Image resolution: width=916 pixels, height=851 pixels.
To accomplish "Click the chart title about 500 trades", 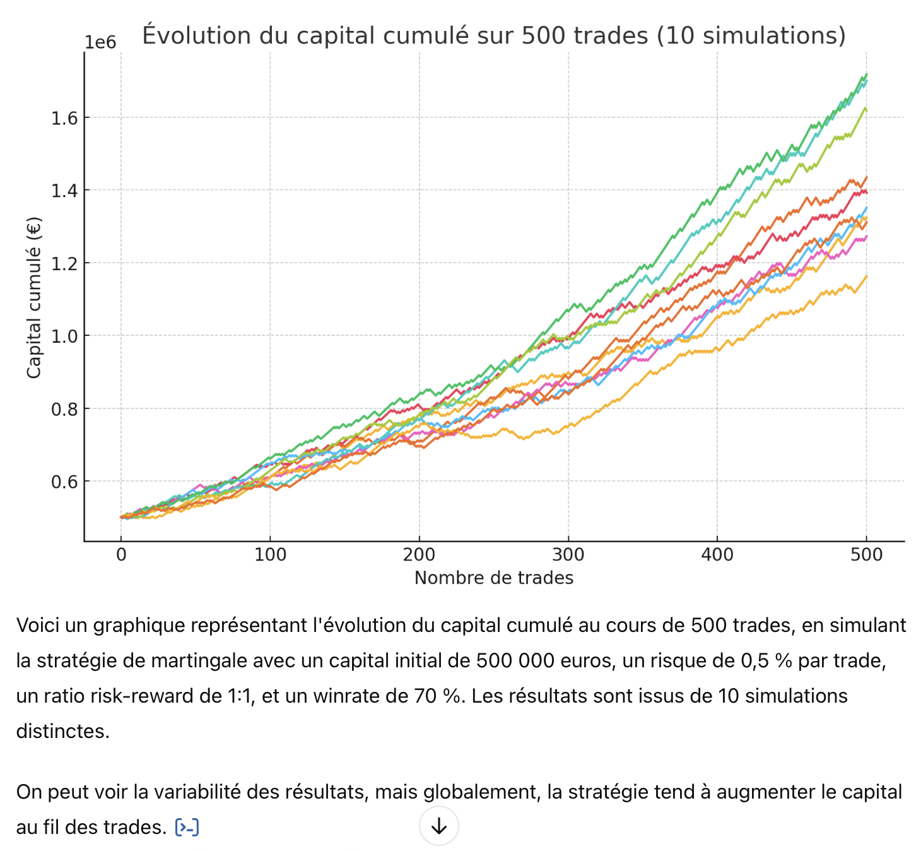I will (x=493, y=35).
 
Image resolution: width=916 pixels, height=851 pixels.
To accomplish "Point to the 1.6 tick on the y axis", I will (x=65, y=118).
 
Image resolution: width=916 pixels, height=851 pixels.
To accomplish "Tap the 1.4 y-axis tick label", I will (x=65, y=191).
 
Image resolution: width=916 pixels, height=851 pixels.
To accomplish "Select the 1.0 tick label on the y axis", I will (x=65, y=336).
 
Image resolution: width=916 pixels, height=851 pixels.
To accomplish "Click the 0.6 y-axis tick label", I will (x=65, y=482).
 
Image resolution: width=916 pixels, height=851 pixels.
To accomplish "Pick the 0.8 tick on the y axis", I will (x=65, y=409).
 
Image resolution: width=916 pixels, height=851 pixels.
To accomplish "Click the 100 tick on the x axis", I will (x=270, y=555).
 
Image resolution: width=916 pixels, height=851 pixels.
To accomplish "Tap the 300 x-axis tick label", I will (x=568, y=555).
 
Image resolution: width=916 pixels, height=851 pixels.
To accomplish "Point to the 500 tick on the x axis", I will (x=866, y=555).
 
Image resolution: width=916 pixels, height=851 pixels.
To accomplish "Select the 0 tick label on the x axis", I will (x=121, y=555).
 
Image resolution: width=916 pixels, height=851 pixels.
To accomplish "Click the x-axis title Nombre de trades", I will (x=493, y=578).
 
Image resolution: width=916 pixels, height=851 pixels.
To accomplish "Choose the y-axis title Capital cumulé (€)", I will (x=33, y=297).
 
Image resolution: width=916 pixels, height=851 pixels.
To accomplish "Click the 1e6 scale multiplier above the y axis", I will (x=100, y=42).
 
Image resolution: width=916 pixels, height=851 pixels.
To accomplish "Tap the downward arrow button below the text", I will (x=438, y=826).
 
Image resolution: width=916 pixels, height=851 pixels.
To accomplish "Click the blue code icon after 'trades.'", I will (x=187, y=827).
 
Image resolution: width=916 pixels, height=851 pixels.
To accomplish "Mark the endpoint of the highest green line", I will (x=866, y=74).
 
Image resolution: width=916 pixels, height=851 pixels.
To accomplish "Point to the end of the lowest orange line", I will (x=866, y=276).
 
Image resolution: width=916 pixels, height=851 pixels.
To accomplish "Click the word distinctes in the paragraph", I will (x=62, y=731).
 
